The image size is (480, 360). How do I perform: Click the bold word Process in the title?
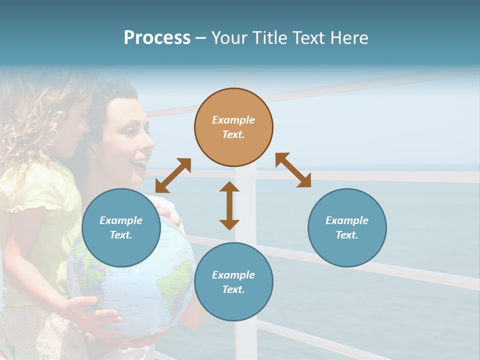coord(157,38)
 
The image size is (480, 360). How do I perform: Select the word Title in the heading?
coord(268,38)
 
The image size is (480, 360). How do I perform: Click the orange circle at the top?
coord(233,127)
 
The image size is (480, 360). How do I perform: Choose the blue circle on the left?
coord(121,227)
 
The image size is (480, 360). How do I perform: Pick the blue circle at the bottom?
coord(233,282)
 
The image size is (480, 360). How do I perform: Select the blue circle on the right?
coord(347,227)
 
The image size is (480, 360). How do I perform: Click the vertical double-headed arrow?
coord(229,205)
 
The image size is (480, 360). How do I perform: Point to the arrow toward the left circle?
coord(173,175)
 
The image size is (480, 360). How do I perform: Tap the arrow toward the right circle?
coord(293,170)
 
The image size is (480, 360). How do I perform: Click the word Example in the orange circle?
coord(233,120)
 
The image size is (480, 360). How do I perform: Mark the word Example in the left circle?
coord(121,220)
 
